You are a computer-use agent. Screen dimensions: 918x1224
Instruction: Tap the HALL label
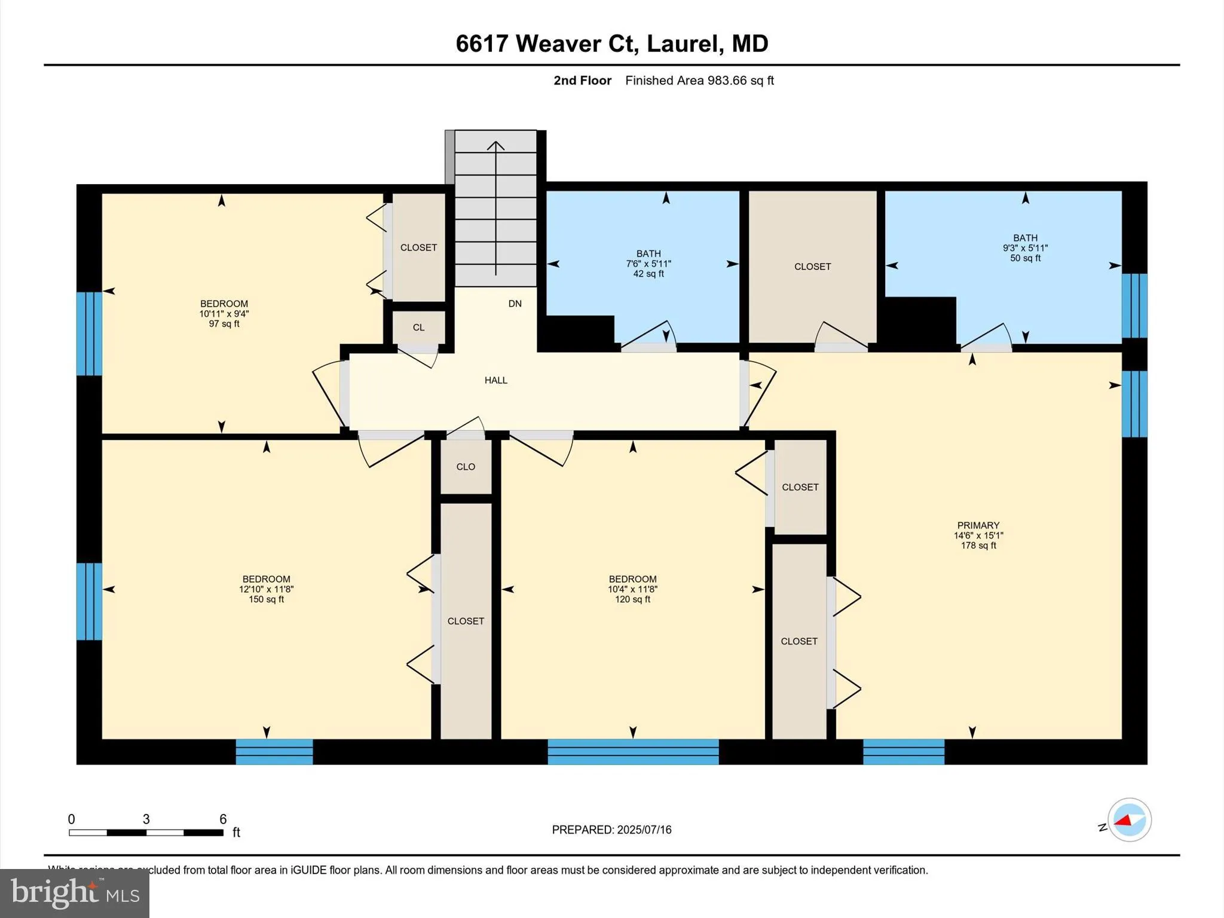[x=495, y=380]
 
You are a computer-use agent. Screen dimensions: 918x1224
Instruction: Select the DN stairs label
[x=515, y=304]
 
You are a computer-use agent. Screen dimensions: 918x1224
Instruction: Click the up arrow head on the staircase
[x=495, y=145]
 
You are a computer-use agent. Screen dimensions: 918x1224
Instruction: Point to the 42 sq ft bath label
[x=648, y=264]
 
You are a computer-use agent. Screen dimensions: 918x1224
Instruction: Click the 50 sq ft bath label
[x=1025, y=248]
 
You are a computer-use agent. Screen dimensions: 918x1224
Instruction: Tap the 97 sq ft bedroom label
[x=224, y=314]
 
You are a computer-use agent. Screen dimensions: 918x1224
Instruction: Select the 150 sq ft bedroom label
[x=266, y=589]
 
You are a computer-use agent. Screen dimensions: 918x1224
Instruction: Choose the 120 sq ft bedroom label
[x=632, y=589]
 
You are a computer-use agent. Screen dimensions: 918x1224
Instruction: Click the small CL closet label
[x=418, y=328]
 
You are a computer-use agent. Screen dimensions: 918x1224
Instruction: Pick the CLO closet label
[x=466, y=467]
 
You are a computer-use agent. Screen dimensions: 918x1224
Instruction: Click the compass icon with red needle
[x=1129, y=820]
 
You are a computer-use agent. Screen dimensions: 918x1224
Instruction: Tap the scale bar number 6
[x=223, y=819]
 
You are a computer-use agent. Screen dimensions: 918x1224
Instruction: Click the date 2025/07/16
[x=644, y=830]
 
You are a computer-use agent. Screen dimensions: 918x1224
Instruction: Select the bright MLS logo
[x=75, y=893]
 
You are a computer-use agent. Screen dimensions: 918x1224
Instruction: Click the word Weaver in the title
[x=558, y=44]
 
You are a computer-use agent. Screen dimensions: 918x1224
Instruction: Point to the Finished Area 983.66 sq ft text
[x=699, y=81]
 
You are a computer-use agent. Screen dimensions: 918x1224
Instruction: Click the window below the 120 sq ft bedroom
[x=633, y=752]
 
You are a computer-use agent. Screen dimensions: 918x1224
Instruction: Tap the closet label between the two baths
[x=812, y=267]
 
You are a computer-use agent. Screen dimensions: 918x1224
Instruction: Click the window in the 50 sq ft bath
[x=1134, y=306]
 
